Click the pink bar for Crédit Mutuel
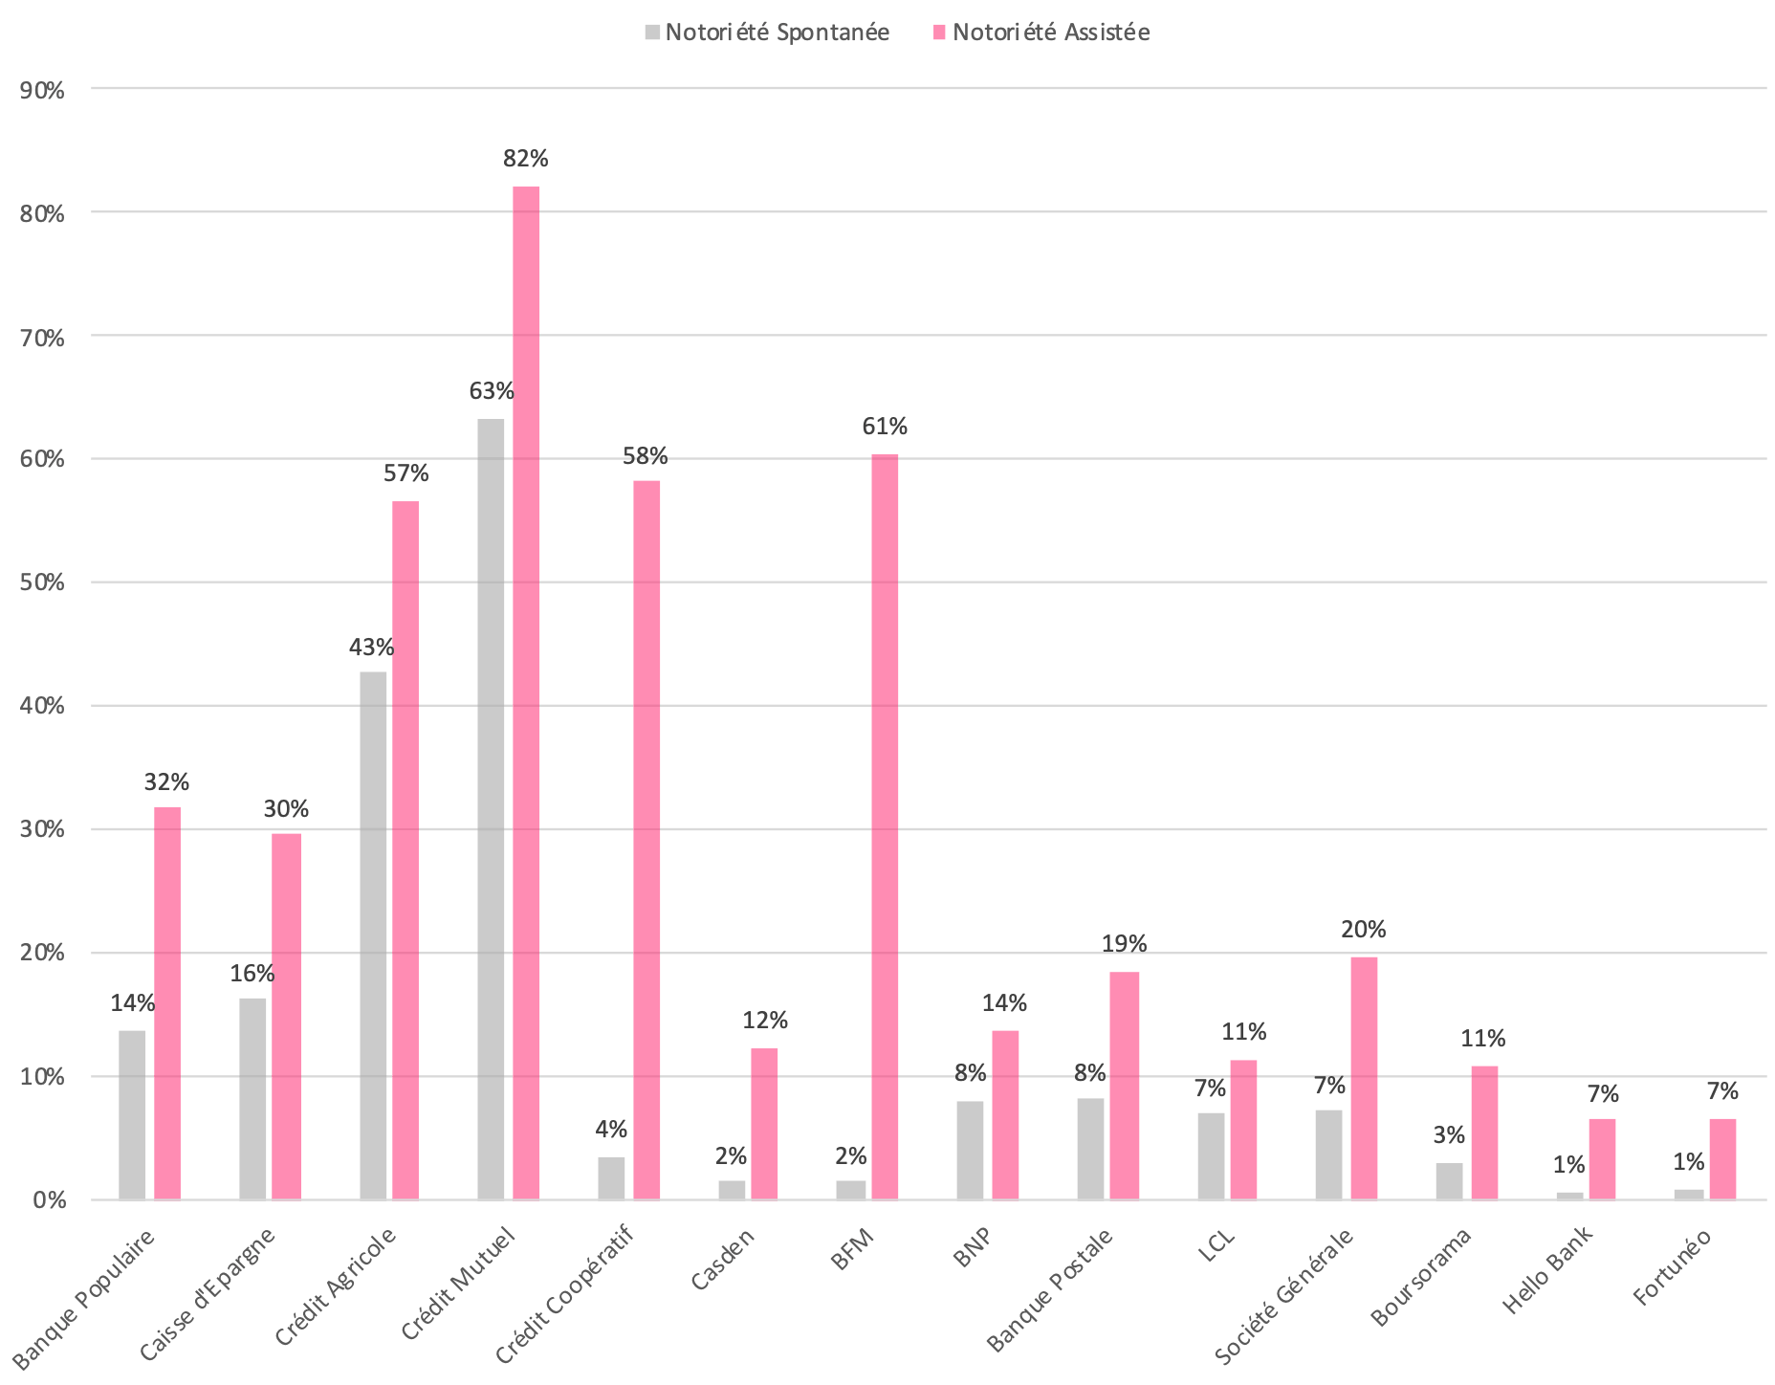526,692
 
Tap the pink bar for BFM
885,826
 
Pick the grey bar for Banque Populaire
132,1114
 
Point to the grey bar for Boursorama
1449,1181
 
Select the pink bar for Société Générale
1364,1078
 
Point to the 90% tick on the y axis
41,91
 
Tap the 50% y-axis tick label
41,583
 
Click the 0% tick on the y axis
47,1200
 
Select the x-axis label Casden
723,1259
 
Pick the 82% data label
526,159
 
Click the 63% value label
492,391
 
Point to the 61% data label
885,427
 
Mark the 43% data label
372,649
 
